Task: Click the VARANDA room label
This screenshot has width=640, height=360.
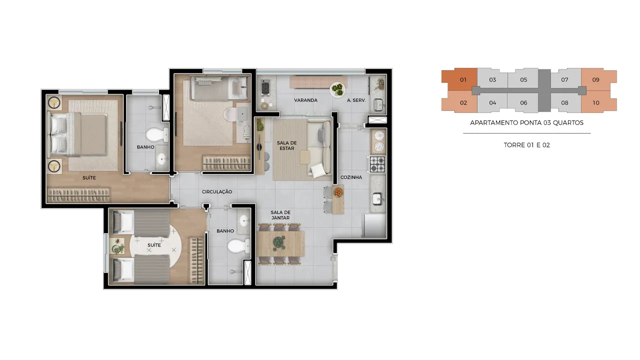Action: pyautogui.click(x=305, y=100)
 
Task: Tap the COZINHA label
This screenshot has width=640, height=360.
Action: pyautogui.click(x=351, y=177)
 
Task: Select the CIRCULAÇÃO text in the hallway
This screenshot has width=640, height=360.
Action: pyautogui.click(x=217, y=191)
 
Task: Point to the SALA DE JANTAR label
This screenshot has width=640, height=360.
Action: pyautogui.click(x=280, y=215)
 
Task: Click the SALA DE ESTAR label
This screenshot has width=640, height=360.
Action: pyautogui.click(x=286, y=145)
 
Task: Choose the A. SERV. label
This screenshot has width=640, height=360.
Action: pyautogui.click(x=356, y=100)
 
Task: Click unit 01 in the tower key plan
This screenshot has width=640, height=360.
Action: pyautogui.click(x=463, y=79)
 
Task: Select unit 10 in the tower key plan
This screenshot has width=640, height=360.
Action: pyautogui.click(x=595, y=103)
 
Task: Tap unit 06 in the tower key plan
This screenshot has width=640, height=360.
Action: pyautogui.click(x=523, y=103)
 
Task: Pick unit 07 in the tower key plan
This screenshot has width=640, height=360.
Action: pyautogui.click(x=564, y=79)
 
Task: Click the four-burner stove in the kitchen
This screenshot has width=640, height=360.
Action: pyautogui.click(x=377, y=164)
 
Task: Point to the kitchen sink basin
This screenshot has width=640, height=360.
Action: pyautogui.click(x=377, y=198)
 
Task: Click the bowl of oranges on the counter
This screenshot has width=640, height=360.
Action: pyautogui.click(x=338, y=192)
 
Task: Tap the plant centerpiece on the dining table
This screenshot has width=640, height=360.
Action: pyautogui.click(x=278, y=242)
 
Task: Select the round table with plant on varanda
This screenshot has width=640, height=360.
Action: pyautogui.click(x=337, y=89)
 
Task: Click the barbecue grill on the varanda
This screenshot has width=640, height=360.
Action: pyautogui.click(x=265, y=87)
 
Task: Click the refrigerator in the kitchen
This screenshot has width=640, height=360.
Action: pyautogui.click(x=374, y=225)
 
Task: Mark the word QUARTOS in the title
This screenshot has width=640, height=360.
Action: pyautogui.click(x=568, y=123)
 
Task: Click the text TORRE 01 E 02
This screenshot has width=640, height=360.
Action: pyautogui.click(x=526, y=145)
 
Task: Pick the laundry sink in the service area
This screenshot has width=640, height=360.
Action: pyautogui.click(x=378, y=104)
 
